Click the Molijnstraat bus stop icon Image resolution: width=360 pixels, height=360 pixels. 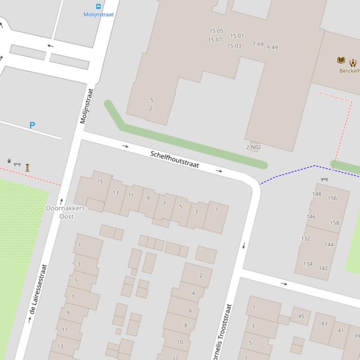(98, 7)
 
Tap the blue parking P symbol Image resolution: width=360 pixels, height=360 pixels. (32, 125)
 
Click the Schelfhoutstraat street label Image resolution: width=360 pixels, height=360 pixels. (175, 159)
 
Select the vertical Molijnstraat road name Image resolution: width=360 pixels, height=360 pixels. (87, 106)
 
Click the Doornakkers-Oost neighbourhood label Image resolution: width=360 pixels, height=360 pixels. (66, 212)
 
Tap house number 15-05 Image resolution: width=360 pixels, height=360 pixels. (216, 31)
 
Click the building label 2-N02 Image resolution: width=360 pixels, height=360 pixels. (253, 147)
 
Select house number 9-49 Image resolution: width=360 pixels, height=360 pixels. (272, 47)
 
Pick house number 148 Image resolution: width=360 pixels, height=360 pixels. (316, 194)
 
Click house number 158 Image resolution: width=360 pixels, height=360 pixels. (334, 223)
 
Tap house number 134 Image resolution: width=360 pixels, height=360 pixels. (308, 264)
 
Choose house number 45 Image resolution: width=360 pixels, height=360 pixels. (301, 316)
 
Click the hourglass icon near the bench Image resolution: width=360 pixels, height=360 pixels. (28, 167)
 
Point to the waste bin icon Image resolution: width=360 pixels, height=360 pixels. (9, 161)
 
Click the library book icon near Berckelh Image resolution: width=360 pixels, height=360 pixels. (341, 60)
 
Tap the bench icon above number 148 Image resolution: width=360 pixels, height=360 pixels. (324, 180)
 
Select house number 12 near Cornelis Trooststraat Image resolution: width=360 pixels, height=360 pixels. (175, 358)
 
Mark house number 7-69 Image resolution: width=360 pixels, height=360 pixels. (258, 44)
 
